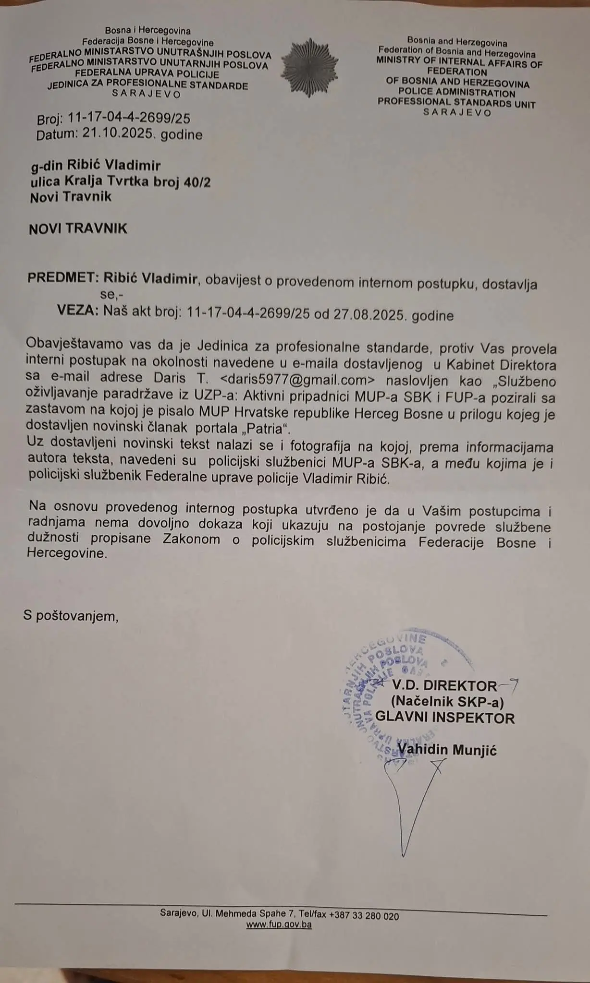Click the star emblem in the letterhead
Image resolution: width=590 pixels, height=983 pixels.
pyautogui.click(x=309, y=66)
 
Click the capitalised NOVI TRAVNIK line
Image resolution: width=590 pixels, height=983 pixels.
pyautogui.click(x=78, y=228)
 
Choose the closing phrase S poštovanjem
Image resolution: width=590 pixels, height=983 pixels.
pyautogui.click(x=71, y=615)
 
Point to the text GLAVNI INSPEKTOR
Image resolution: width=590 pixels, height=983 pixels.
pyautogui.click(x=444, y=718)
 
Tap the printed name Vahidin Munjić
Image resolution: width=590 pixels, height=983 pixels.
pyautogui.click(x=447, y=750)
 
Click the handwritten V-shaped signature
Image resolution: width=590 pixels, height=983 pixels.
pyautogui.click(x=408, y=811)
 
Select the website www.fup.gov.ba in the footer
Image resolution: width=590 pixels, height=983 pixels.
pyautogui.click(x=279, y=924)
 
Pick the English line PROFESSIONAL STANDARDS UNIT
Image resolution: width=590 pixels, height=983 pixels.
pyautogui.click(x=456, y=103)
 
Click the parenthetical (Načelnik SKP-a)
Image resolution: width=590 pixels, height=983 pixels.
pyautogui.click(x=447, y=702)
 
